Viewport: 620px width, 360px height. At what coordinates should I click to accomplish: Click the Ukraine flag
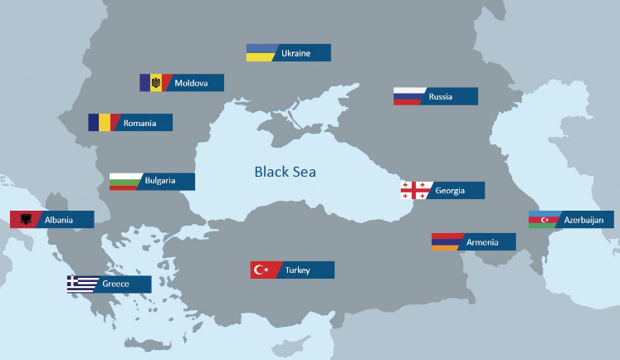coord(261,53)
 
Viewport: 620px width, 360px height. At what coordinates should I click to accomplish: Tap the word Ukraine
coord(295,53)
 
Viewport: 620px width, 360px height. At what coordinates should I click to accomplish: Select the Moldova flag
coord(154,83)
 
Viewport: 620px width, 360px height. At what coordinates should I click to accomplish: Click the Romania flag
coord(102,123)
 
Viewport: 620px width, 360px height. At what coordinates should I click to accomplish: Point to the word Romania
coord(139,124)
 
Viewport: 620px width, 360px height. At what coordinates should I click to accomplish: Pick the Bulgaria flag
coord(124,182)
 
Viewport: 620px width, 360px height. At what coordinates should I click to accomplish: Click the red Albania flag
coord(24,220)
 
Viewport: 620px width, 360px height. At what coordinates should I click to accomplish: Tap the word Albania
coord(59,220)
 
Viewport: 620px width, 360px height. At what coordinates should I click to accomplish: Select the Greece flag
coord(81,285)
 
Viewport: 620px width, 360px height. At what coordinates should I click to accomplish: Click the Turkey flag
coord(264,270)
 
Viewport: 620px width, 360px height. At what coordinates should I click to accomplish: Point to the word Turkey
coord(297,270)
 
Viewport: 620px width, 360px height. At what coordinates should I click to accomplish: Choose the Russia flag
coord(408,97)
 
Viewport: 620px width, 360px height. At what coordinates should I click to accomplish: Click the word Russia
coord(441,97)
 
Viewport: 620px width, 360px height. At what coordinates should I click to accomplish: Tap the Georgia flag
coord(414,191)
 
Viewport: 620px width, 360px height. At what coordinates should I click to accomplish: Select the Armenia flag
coord(445,242)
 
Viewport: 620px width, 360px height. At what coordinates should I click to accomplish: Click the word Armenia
coord(482,242)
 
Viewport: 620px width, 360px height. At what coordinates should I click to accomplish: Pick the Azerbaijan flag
coord(543,220)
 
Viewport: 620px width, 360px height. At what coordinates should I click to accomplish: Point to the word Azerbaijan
coord(584,220)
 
